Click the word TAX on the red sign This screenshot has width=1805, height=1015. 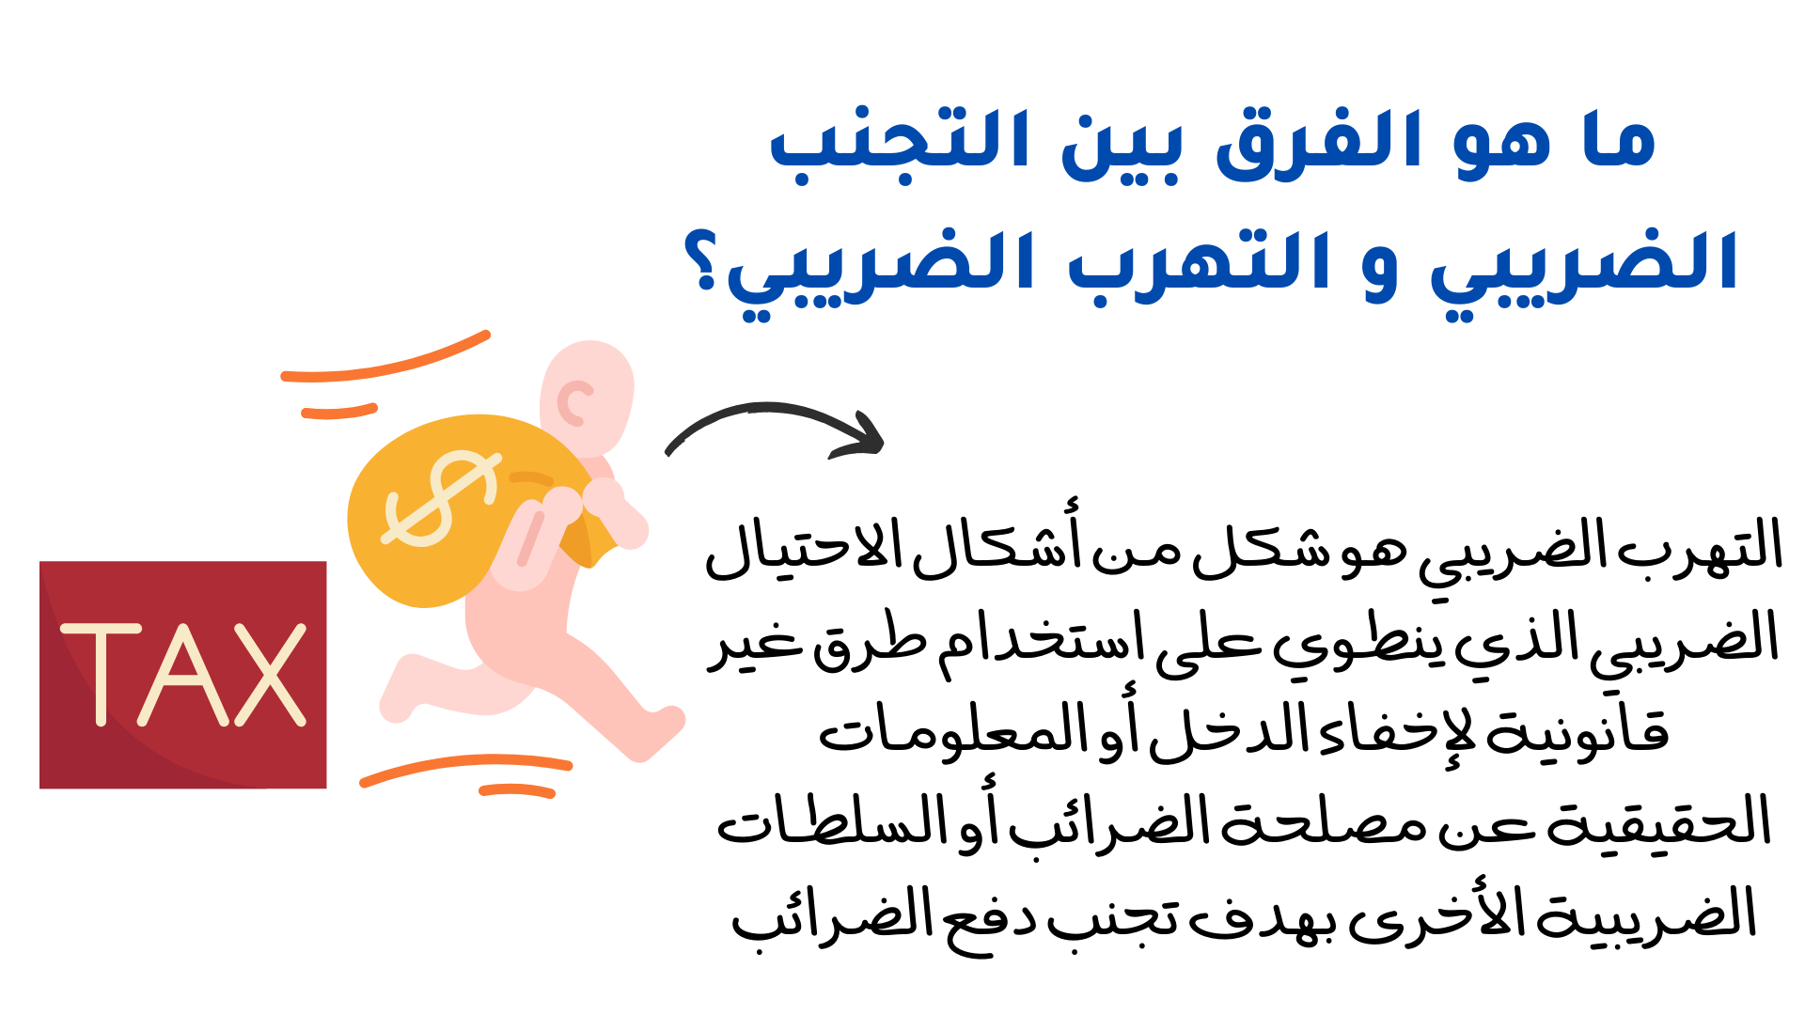(x=183, y=675)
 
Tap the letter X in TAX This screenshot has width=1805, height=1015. (x=271, y=675)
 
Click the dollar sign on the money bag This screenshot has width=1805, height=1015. (x=440, y=498)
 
